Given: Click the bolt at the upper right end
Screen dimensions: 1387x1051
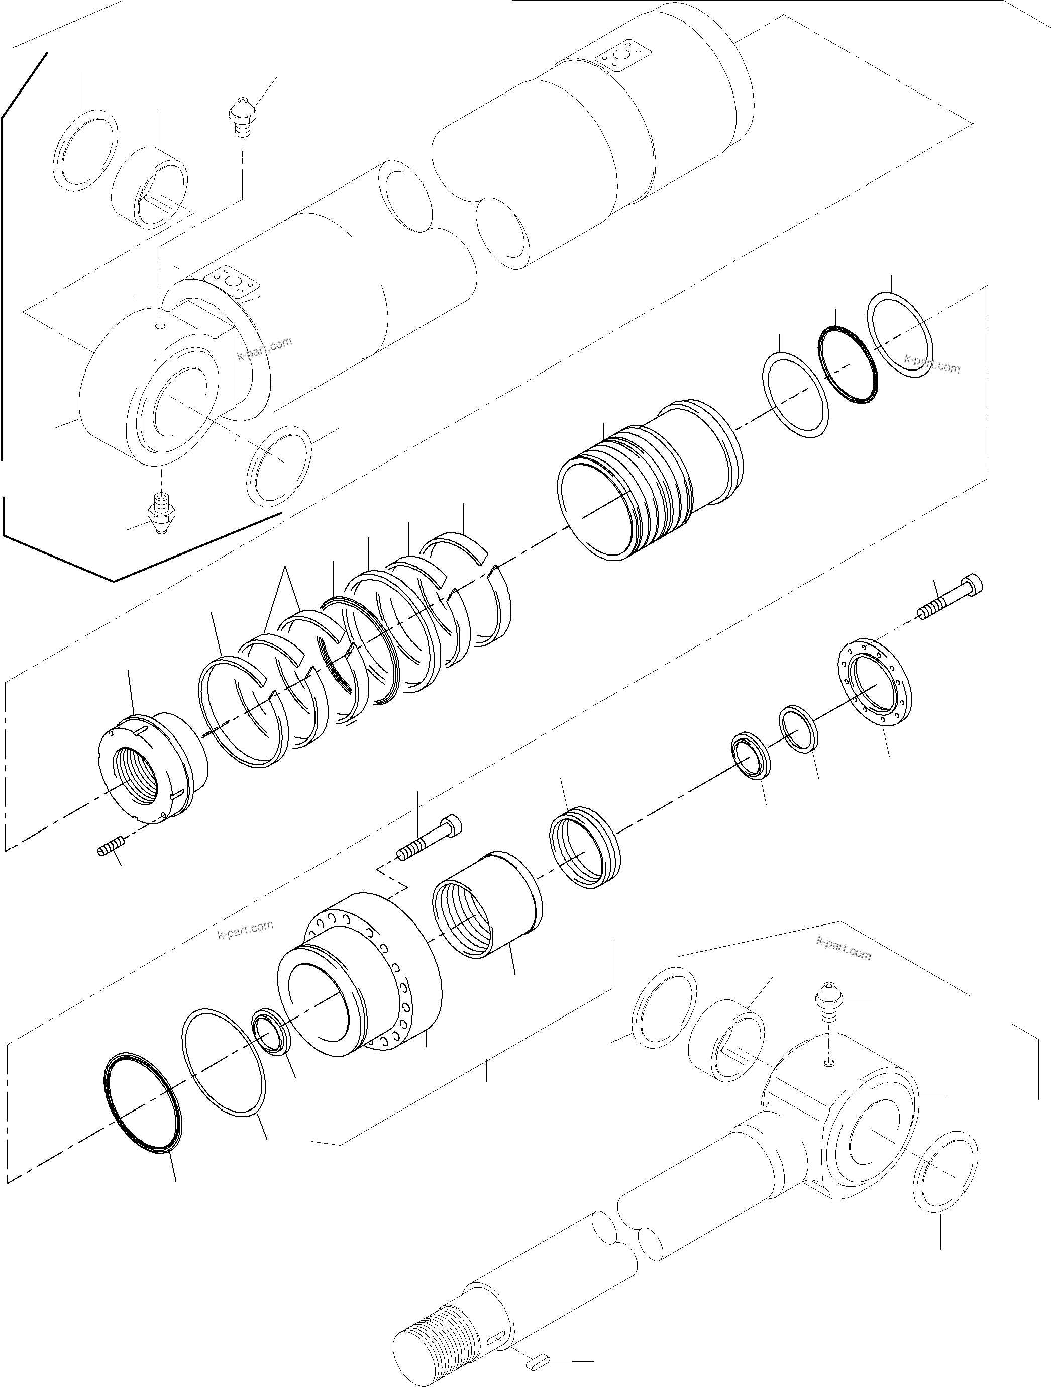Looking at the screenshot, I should pos(950,598).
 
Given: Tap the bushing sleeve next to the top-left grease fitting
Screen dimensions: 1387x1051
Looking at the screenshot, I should pos(150,188).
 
